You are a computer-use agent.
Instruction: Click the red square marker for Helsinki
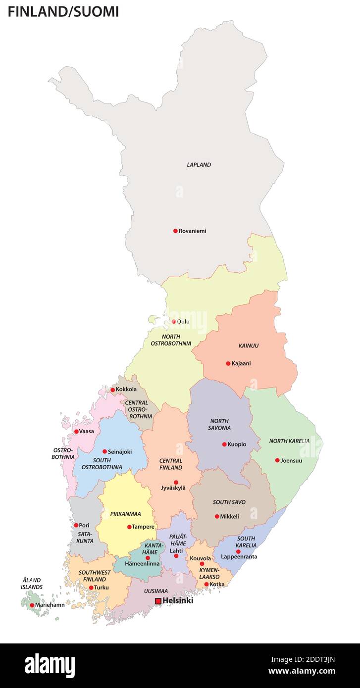[x=158, y=601]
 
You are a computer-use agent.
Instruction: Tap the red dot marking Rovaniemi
[x=175, y=231]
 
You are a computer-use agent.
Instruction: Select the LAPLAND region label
[x=199, y=165]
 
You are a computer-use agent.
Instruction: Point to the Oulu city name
[x=183, y=322]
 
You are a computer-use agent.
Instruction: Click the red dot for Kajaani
[x=228, y=363]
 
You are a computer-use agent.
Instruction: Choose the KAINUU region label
[x=248, y=345]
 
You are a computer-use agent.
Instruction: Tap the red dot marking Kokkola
[x=112, y=390]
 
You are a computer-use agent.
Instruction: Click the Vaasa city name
[x=87, y=432]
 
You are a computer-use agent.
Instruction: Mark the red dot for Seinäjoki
[x=104, y=451]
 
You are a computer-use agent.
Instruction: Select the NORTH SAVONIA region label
[x=220, y=424]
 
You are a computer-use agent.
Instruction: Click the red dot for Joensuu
[x=277, y=460]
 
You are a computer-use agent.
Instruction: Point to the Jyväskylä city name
[x=173, y=488]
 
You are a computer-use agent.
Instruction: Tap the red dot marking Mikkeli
[x=217, y=516]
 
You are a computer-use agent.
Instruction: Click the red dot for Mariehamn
[x=32, y=605]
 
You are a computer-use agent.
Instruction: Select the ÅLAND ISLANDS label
[x=32, y=584]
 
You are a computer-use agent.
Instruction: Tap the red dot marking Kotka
[x=206, y=584]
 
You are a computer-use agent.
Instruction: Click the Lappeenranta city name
[x=239, y=557]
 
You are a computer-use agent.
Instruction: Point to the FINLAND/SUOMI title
[x=63, y=12]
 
